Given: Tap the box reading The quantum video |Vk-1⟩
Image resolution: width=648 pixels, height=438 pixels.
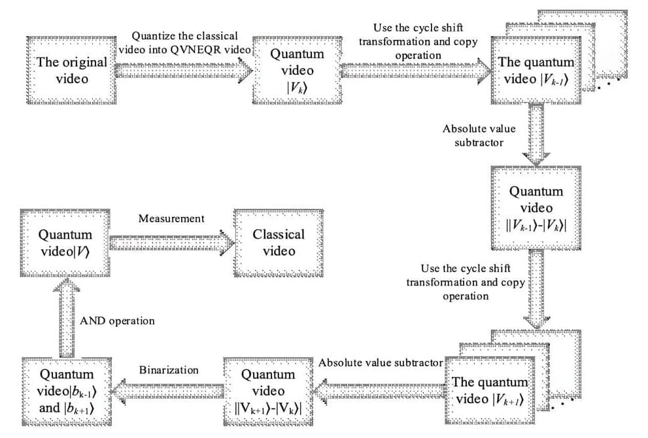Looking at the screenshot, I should (x=536, y=71).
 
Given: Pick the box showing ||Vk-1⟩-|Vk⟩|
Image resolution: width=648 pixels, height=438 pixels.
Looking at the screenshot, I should (x=536, y=208).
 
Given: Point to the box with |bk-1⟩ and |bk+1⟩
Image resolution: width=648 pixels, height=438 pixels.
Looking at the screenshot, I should (x=66, y=391).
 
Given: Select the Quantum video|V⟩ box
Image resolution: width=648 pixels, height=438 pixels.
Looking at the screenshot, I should (x=65, y=243).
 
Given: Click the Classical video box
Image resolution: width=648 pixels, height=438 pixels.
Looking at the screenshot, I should (x=279, y=243).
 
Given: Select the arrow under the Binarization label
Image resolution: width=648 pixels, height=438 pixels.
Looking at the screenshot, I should (x=168, y=391).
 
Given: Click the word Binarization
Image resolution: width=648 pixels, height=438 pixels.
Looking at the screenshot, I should (x=169, y=370).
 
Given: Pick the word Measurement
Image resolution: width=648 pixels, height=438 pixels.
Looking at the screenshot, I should (x=171, y=218).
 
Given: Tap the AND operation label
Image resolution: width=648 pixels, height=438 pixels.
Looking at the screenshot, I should (x=117, y=321).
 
